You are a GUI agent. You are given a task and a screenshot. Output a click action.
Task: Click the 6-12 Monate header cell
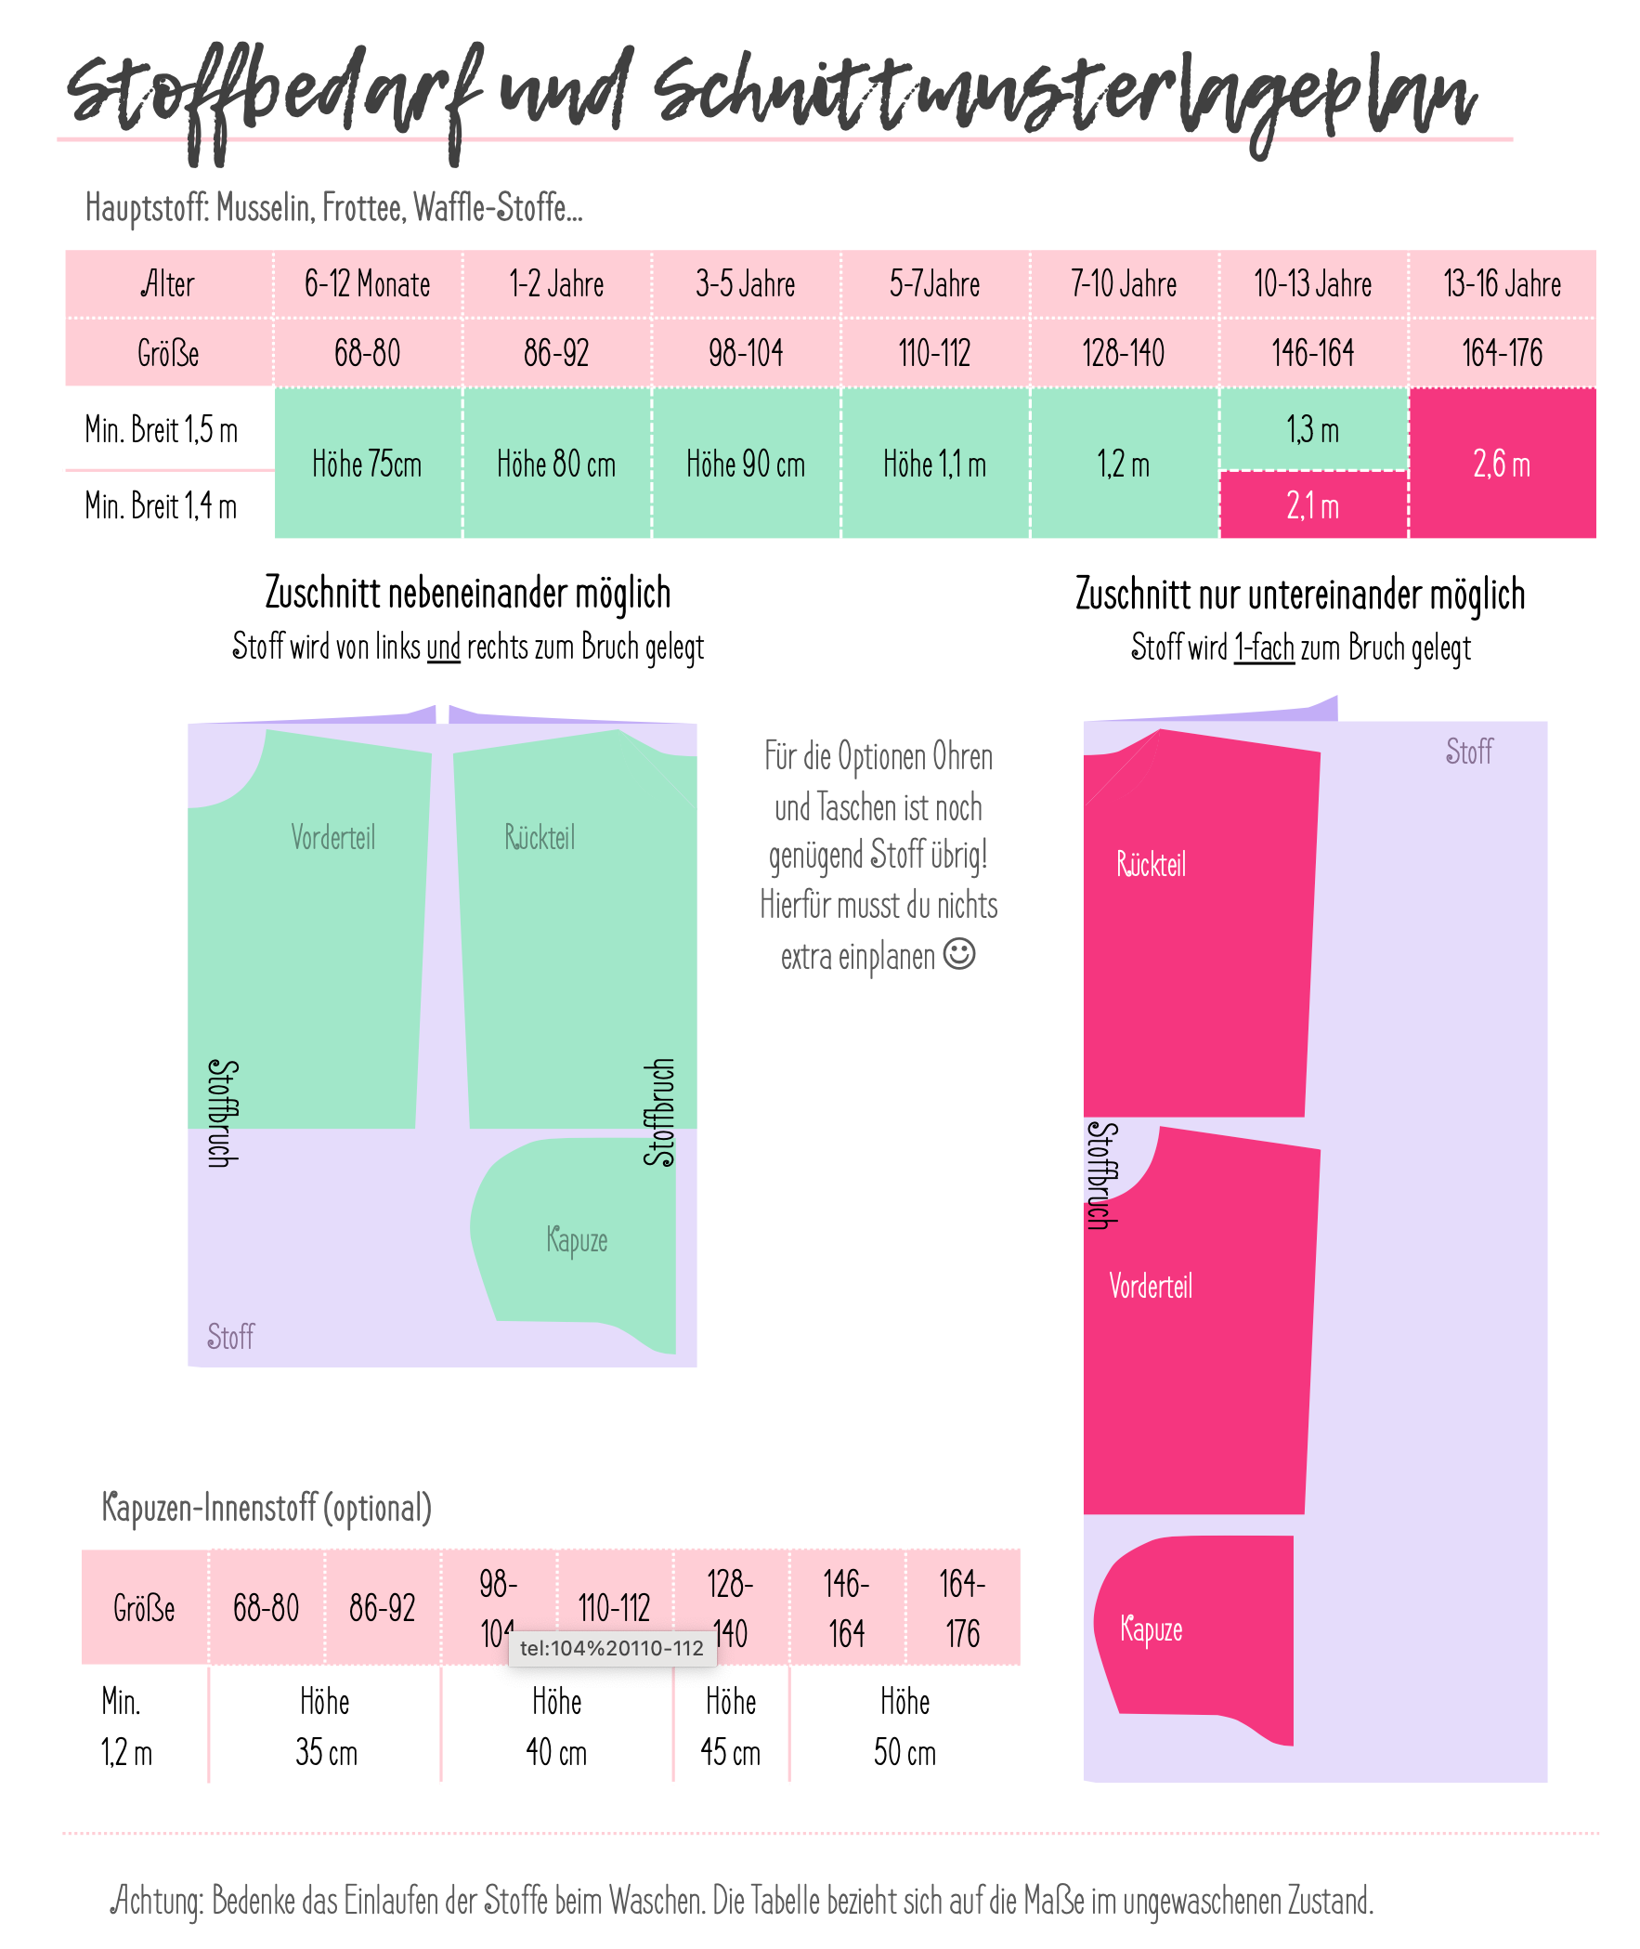pos(367,283)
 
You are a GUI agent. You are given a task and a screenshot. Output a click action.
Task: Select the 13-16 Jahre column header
pos(1502,283)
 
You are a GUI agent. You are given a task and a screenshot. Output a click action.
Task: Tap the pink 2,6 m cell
pos(1502,463)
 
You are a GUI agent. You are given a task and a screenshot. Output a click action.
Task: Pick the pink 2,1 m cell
pos(1313,506)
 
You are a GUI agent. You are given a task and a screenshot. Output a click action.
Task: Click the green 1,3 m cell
pos(1313,429)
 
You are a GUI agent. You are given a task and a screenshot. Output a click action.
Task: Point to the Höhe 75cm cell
pos(367,463)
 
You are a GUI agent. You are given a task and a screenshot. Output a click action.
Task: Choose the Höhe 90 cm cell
pos(746,463)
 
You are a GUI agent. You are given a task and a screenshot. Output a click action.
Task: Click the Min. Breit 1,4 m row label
pos(161,506)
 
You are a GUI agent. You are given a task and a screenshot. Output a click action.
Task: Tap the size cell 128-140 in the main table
pos(1123,353)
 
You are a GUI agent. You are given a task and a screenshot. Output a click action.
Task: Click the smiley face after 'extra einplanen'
pos(959,954)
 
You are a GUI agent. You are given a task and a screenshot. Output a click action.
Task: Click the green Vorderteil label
pos(332,838)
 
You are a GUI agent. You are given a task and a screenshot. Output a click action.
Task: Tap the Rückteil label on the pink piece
pos(1151,865)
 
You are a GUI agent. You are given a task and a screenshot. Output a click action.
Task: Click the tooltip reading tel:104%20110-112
pos(612,1649)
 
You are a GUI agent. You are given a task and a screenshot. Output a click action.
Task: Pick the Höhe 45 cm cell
pos(731,1727)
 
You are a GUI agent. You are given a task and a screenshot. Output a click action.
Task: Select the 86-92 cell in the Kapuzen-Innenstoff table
pos(382,1608)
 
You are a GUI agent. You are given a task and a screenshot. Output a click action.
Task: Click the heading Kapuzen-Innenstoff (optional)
pos(267,1508)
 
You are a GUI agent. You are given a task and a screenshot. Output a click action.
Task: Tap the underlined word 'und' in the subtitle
pos(444,647)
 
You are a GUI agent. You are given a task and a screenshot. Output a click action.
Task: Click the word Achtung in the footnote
pos(157,1901)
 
